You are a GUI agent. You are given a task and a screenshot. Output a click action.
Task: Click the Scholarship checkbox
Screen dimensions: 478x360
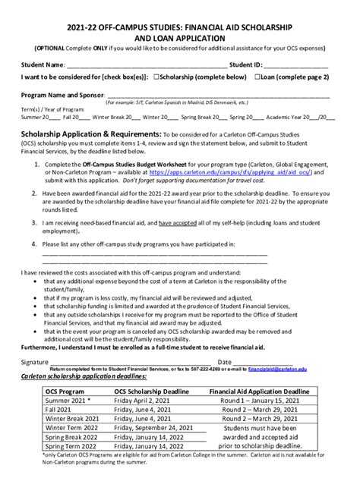point(156,77)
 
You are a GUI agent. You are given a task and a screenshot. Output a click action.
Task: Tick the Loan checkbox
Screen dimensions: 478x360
point(257,77)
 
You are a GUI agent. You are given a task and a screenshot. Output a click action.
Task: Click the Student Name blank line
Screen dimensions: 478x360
point(145,64)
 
